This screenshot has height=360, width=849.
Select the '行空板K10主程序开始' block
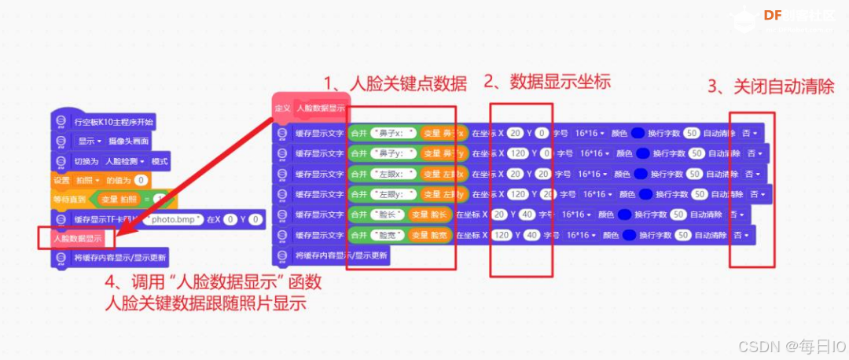point(113,122)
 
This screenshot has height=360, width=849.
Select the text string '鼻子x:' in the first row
point(394,133)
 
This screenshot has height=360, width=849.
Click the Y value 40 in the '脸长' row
point(531,215)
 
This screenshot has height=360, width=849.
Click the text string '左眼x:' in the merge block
point(394,174)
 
